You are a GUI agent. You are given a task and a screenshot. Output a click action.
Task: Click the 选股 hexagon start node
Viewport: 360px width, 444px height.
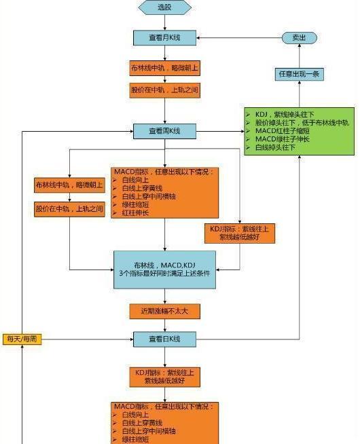coord(165,7)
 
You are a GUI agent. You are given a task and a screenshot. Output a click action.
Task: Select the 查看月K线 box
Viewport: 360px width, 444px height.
coord(165,38)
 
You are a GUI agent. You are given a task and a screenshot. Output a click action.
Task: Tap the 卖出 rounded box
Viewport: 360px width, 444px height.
coord(299,38)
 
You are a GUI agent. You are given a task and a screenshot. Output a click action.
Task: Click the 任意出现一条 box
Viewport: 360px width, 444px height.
coord(299,73)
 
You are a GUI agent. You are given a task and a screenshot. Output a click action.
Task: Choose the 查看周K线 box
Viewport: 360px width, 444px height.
coord(165,130)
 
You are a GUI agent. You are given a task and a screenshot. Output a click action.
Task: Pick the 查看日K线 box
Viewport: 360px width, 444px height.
coord(165,337)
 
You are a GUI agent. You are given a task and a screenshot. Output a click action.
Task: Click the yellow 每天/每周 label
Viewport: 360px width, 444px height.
coord(22,337)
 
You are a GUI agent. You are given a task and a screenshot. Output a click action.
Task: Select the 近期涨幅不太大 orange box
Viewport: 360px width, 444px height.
coord(165,311)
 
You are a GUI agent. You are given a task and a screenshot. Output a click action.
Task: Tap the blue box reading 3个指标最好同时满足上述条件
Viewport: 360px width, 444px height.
coord(165,272)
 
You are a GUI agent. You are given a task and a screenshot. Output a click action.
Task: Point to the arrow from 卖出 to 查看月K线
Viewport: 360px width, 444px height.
coord(238,38)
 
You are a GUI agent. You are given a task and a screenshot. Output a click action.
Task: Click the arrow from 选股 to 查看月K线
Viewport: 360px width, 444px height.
coord(165,22)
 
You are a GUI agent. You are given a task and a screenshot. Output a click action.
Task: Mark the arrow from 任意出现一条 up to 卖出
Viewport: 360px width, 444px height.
coord(299,56)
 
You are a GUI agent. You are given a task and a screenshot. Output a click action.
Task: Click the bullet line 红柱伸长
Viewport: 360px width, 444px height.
coord(137,212)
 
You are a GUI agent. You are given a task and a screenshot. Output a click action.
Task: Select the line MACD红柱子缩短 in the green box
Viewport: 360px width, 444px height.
coord(285,130)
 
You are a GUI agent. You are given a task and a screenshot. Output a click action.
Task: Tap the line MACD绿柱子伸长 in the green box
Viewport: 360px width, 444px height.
coord(285,138)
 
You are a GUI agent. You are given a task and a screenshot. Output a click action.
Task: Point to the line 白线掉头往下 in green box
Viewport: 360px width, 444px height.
coord(278,147)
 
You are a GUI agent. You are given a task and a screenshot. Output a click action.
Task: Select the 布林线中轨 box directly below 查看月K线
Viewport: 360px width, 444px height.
coord(165,69)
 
